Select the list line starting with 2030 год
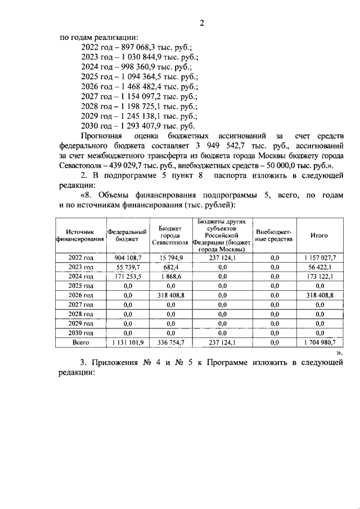(x=139, y=125)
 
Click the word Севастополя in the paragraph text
(x=79, y=165)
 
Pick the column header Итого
(x=319, y=235)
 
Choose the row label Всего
(x=80, y=341)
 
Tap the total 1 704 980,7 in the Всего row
(x=319, y=341)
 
